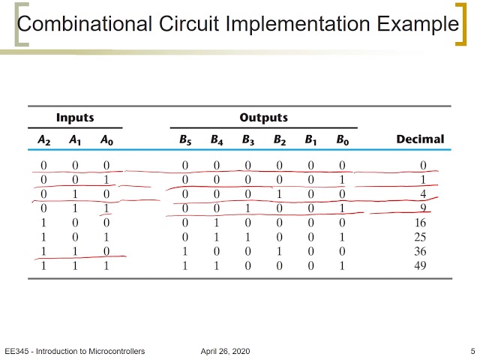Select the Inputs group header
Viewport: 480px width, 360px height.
pyautogui.click(x=75, y=118)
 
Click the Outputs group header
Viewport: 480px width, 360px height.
pyautogui.click(x=263, y=118)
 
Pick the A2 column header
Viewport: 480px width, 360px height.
pyautogui.click(x=43, y=139)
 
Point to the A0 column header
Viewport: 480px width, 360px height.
pyautogui.click(x=107, y=139)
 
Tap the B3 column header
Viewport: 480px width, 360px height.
pyautogui.click(x=247, y=139)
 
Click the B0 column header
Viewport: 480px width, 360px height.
pyautogui.click(x=342, y=139)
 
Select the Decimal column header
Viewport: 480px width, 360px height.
pyautogui.click(x=419, y=139)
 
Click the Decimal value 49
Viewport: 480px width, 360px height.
pyautogui.click(x=420, y=265)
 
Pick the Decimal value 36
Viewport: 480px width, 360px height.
pyautogui.click(x=420, y=251)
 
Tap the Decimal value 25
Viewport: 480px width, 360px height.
pyautogui.click(x=420, y=237)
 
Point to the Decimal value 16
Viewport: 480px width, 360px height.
pyautogui.click(x=420, y=223)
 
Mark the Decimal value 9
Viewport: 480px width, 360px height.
pyautogui.click(x=423, y=208)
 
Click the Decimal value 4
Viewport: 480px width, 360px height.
pyautogui.click(x=423, y=194)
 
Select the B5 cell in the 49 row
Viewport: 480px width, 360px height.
pyautogui.click(x=184, y=265)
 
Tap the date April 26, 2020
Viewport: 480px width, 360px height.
pyautogui.click(x=226, y=351)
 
